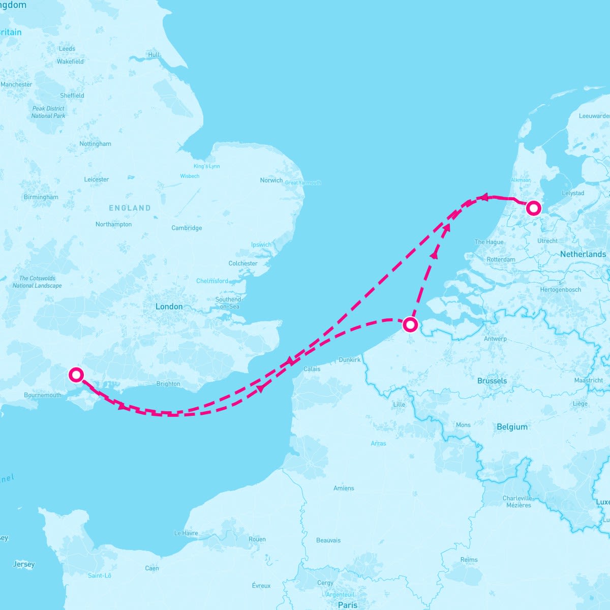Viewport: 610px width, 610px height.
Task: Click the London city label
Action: point(169,307)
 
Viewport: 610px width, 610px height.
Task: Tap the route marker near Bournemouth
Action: point(76,375)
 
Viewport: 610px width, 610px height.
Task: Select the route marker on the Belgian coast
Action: point(410,324)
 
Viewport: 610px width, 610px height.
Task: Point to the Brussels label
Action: point(492,381)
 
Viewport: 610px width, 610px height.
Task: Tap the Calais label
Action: point(312,369)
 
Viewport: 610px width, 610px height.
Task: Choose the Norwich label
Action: point(271,180)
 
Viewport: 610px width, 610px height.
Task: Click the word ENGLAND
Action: point(130,208)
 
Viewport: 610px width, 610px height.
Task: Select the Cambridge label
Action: point(187,228)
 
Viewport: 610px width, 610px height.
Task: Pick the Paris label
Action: point(348,605)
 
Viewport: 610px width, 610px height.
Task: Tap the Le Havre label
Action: point(186,533)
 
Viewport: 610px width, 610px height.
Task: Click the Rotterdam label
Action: point(501,259)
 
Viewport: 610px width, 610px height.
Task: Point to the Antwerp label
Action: point(495,339)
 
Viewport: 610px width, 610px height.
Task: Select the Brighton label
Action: point(168,384)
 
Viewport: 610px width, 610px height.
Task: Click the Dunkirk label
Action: point(349,360)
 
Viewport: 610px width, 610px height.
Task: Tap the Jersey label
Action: point(24,564)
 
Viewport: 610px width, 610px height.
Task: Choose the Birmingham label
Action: point(41,197)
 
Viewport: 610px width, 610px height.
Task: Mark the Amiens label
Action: point(344,488)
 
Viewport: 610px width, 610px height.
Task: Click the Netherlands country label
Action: point(583,254)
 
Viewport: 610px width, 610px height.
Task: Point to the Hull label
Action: point(154,55)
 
